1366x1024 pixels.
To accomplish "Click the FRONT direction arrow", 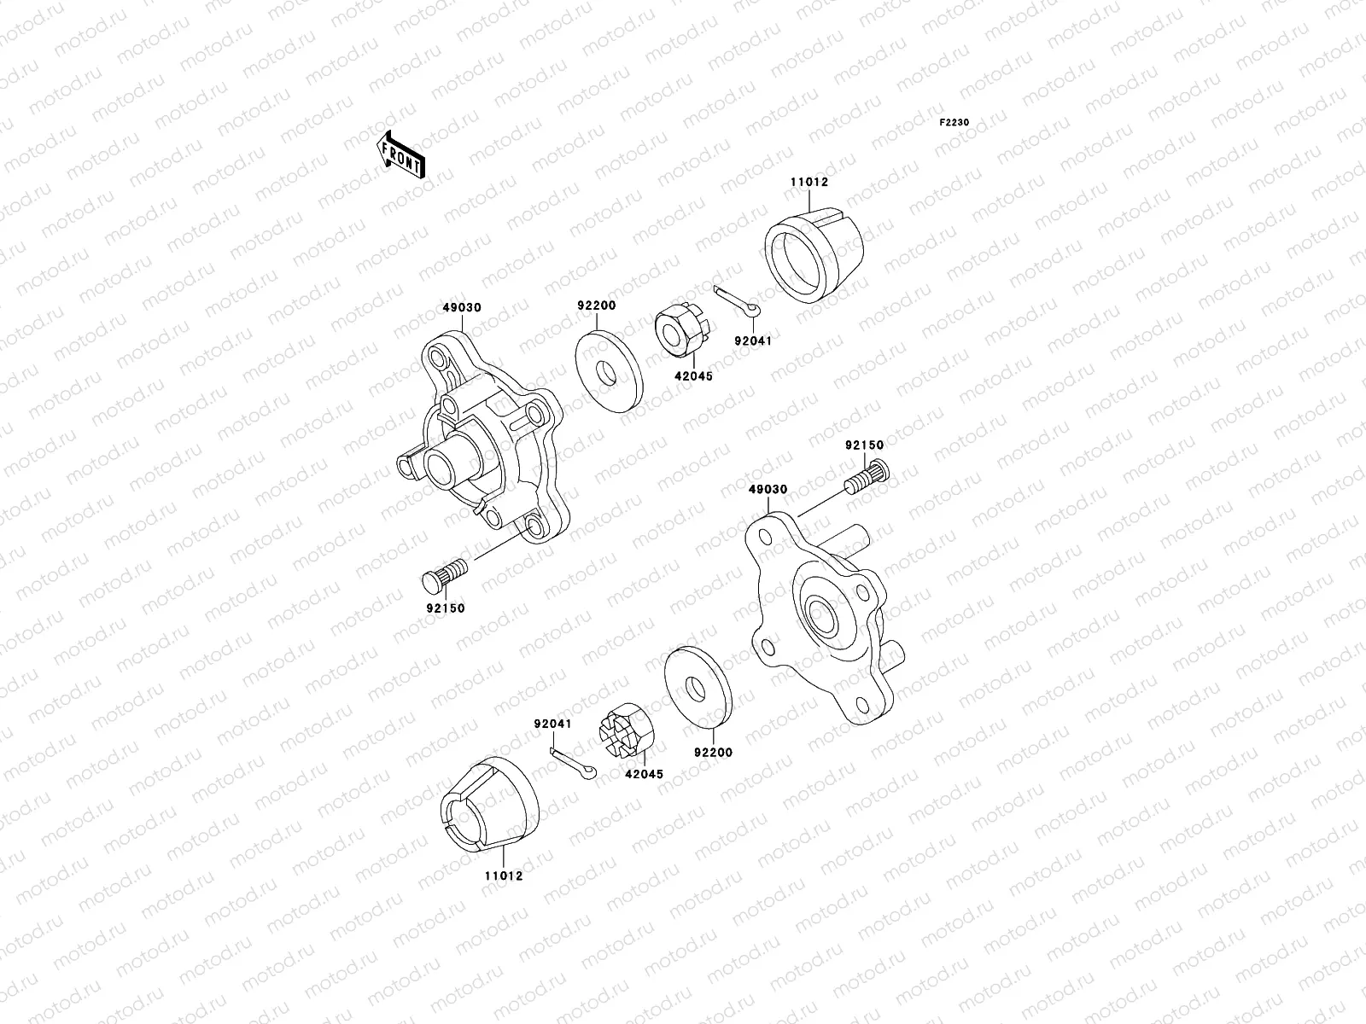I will click(401, 155).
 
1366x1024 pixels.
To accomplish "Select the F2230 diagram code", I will click(954, 123).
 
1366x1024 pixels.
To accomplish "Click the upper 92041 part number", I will click(752, 340).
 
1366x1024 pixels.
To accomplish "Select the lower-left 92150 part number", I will click(446, 609).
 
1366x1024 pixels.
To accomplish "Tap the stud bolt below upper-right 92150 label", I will click(866, 476).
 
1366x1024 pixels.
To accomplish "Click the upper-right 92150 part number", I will click(865, 445).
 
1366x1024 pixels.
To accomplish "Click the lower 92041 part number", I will click(552, 724).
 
